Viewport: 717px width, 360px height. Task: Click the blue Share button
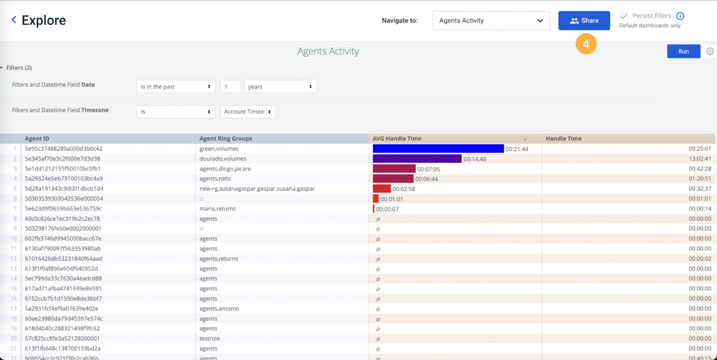pos(583,21)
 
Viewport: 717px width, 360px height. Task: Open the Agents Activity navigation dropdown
pos(491,21)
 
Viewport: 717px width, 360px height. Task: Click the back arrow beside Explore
pos(14,20)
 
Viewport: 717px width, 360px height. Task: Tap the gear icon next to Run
pos(710,51)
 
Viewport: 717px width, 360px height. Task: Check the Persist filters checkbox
pos(624,16)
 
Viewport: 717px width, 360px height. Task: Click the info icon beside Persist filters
pos(680,16)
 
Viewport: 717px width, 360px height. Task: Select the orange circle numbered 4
pos(586,44)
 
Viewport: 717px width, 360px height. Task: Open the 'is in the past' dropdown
pos(176,87)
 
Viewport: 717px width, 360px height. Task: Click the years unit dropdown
pos(280,87)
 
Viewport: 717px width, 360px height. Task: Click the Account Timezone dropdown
pos(248,112)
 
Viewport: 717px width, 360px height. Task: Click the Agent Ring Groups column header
pos(226,139)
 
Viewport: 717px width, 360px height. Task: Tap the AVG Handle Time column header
pos(397,139)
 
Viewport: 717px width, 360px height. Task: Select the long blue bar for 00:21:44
pos(438,149)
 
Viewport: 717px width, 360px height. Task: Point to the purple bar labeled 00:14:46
pos(417,159)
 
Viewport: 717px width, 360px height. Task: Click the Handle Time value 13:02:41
pos(700,159)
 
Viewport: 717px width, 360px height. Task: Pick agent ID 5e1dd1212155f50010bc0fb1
pos(63,169)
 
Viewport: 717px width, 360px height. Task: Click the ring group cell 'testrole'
pos(209,338)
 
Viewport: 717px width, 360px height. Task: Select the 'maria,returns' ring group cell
pos(217,209)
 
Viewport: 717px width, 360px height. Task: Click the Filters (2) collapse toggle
pos(2,68)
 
